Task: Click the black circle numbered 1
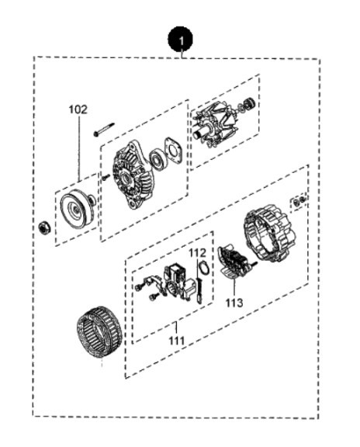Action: [180, 40]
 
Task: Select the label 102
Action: [78, 109]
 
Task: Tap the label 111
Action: [177, 341]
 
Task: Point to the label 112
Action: [197, 252]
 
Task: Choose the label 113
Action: [234, 303]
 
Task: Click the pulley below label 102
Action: [78, 208]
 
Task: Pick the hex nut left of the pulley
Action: [44, 228]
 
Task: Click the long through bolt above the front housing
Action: [104, 129]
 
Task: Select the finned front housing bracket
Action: [132, 175]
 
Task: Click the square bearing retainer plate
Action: [173, 151]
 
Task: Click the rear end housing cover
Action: [269, 236]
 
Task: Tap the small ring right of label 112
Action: [204, 268]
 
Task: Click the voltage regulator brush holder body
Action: [177, 282]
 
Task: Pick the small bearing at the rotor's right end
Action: [250, 103]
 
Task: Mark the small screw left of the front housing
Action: [106, 177]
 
